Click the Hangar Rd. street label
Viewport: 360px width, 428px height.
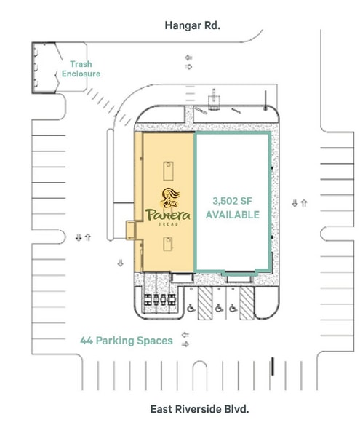[x=193, y=25]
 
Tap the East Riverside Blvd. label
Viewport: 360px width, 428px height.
[x=199, y=408]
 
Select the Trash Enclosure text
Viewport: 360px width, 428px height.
[x=80, y=69]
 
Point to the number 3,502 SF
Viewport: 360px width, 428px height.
[x=232, y=201]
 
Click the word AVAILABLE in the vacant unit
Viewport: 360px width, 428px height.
[x=232, y=215]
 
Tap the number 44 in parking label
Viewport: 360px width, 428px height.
[x=87, y=340]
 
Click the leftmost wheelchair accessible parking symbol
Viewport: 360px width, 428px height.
[x=192, y=308]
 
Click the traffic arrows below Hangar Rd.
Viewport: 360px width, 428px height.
[x=189, y=62]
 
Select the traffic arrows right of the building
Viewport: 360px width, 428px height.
[x=298, y=203]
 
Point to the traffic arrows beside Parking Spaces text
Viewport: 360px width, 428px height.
[x=186, y=340]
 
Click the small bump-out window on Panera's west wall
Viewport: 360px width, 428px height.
[x=130, y=230]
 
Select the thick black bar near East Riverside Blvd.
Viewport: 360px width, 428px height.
[x=273, y=365]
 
